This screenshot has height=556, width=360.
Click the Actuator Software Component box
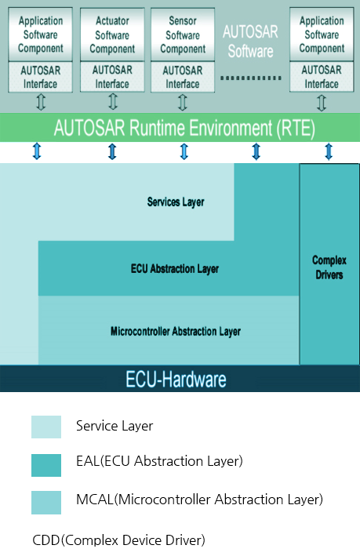(x=112, y=35)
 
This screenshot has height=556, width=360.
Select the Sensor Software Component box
(x=183, y=35)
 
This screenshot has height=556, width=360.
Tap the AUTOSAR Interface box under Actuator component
(x=112, y=77)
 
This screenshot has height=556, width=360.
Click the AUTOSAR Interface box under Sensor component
(x=183, y=77)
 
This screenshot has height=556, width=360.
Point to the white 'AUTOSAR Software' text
(x=250, y=42)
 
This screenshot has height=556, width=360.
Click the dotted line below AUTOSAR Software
(x=251, y=78)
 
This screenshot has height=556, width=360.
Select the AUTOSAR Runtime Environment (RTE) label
(x=184, y=128)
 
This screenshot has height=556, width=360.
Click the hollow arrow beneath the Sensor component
(x=183, y=102)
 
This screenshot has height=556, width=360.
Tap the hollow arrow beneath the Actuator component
(x=112, y=101)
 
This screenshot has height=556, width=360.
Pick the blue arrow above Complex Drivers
(x=329, y=151)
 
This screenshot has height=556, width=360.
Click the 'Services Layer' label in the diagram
(x=176, y=202)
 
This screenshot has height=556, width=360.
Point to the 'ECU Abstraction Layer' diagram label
(x=174, y=269)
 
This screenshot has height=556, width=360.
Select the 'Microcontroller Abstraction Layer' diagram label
(x=176, y=332)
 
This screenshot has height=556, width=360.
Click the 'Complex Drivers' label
(x=329, y=267)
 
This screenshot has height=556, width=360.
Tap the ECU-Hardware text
(x=176, y=379)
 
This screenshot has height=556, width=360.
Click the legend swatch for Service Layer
(x=46, y=427)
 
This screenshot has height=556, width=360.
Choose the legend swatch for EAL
(x=46, y=465)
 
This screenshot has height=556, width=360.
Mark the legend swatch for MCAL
(x=46, y=503)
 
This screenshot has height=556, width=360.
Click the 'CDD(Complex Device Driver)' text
(x=118, y=540)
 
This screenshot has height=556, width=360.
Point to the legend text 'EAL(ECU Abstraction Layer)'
(x=159, y=461)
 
